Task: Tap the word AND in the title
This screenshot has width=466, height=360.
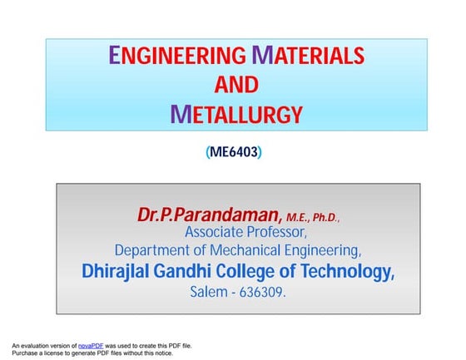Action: coord(236,84)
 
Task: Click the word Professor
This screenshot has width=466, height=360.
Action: coord(284,231)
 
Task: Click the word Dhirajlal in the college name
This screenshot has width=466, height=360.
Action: coord(123,271)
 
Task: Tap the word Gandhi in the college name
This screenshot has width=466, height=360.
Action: coord(200,271)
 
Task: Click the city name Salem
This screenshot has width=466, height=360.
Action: coord(209,293)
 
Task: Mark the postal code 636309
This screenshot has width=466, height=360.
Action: coord(264,293)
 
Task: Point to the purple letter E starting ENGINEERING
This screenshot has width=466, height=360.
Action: coord(116,56)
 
